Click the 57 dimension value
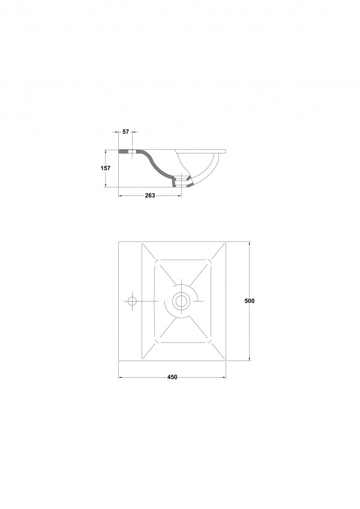point(126,132)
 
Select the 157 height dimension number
point(106,168)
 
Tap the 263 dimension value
point(150,195)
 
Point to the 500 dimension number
point(250,301)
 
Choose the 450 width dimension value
point(172,377)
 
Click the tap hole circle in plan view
point(132,301)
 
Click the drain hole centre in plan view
point(181,301)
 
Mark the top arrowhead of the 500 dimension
point(250,243)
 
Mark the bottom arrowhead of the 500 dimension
point(250,359)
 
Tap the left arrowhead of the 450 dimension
point(120,377)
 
